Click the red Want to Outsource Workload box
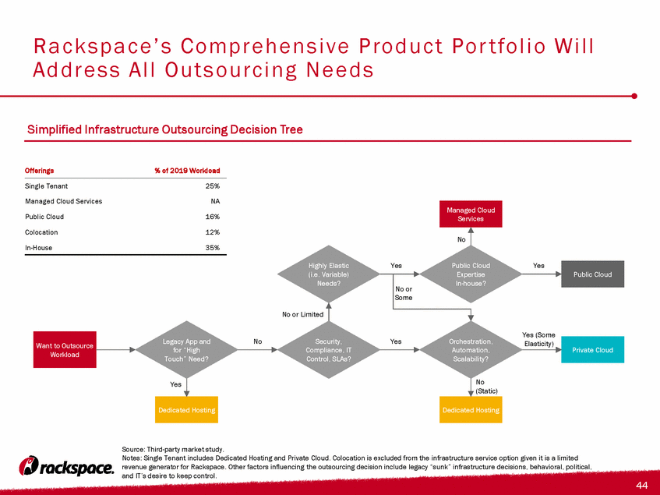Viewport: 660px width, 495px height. (x=65, y=350)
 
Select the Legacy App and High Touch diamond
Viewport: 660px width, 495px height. (x=186, y=350)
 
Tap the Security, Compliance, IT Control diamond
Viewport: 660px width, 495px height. (x=328, y=350)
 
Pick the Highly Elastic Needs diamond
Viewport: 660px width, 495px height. (x=328, y=274)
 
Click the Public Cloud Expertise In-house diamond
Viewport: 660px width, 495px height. (x=471, y=274)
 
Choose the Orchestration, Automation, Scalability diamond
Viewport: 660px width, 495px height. (x=471, y=350)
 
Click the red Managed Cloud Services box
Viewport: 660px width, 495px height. (x=471, y=214)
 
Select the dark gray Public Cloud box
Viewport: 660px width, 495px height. (x=593, y=274)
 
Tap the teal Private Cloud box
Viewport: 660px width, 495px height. (x=593, y=350)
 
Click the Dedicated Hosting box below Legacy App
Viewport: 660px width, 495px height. (x=186, y=409)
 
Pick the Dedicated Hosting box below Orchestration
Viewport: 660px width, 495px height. (x=471, y=409)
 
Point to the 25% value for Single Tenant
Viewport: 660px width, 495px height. (x=213, y=186)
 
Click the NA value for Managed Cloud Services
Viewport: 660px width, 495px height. (x=215, y=201)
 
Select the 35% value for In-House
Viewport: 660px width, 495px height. (x=213, y=248)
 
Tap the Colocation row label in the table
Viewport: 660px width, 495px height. (x=41, y=232)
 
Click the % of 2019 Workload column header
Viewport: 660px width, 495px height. (x=187, y=171)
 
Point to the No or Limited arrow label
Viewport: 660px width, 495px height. (x=302, y=314)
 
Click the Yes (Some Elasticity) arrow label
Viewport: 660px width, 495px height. (x=538, y=339)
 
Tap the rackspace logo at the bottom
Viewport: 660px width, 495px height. (x=66, y=466)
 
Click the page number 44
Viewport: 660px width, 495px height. (x=642, y=485)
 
